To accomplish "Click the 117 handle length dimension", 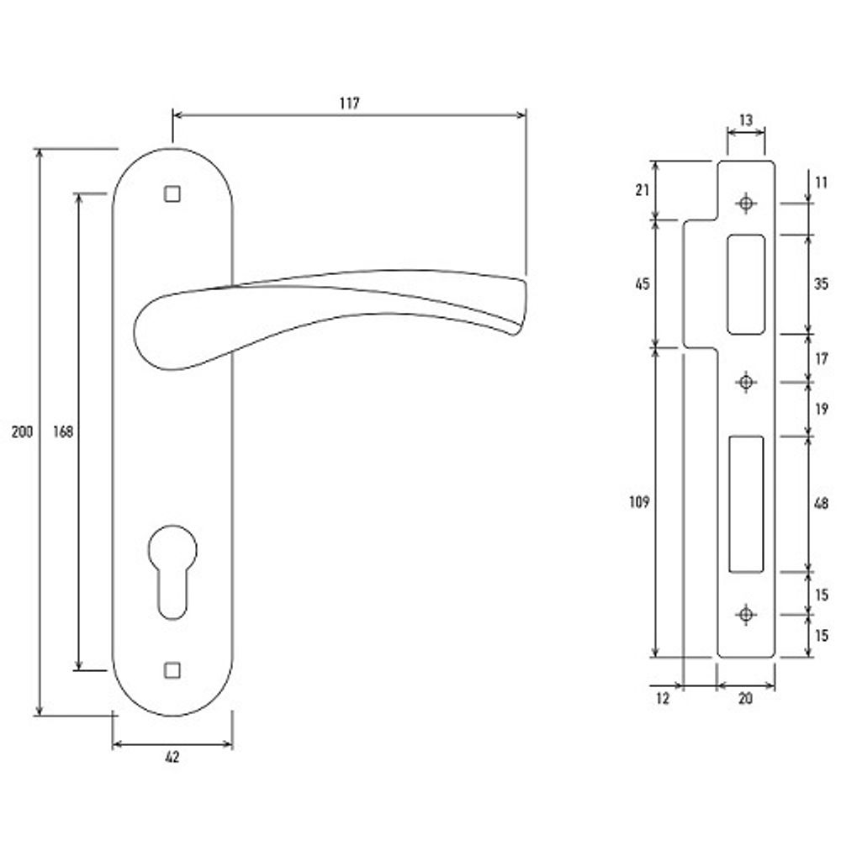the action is (x=350, y=103).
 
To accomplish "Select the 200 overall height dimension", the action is (x=22, y=431).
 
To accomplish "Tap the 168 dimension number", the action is (x=63, y=431).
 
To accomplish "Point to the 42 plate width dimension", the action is (x=172, y=757).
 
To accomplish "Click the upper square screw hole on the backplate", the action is (x=172, y=193).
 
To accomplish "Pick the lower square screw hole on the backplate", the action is (x=172, y=670).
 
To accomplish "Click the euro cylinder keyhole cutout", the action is (x=172, y=572).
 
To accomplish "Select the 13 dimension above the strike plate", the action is (x=745, y=120).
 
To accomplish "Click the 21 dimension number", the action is (x=642, y=189).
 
